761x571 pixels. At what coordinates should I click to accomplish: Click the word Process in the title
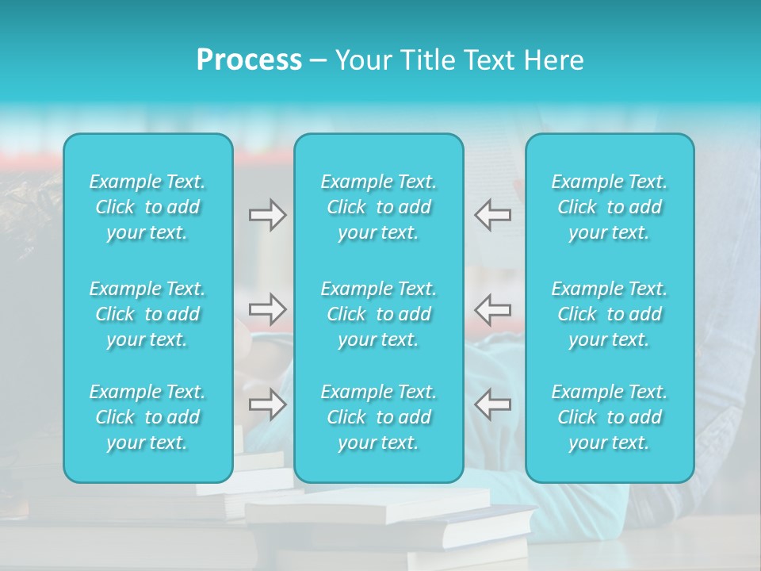[249, 60]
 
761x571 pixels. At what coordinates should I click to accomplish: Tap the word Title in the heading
[425, 60]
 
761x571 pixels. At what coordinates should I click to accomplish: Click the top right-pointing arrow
[267, 215]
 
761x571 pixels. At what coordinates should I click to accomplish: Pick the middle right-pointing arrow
[267, 309]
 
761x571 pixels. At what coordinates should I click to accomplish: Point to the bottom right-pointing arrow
[267, 404]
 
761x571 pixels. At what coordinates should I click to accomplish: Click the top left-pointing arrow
[493, 215]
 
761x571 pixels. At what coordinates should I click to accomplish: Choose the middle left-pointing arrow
[493, 309]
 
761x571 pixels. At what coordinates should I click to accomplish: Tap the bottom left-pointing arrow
[493, 404]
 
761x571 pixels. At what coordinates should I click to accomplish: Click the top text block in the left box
[147, 207]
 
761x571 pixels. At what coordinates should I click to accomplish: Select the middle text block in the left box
[147, 314]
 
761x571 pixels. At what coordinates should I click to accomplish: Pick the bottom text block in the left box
[147, 417]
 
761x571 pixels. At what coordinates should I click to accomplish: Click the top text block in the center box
[379, 207]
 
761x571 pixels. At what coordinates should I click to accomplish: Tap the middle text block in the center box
[379, 314]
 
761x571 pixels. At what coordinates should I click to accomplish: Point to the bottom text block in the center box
[379, 417]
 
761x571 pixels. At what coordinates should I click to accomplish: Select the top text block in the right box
[610, 207]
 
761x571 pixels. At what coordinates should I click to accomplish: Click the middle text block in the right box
[610, 314]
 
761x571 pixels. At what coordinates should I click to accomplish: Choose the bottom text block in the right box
[610, 417]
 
